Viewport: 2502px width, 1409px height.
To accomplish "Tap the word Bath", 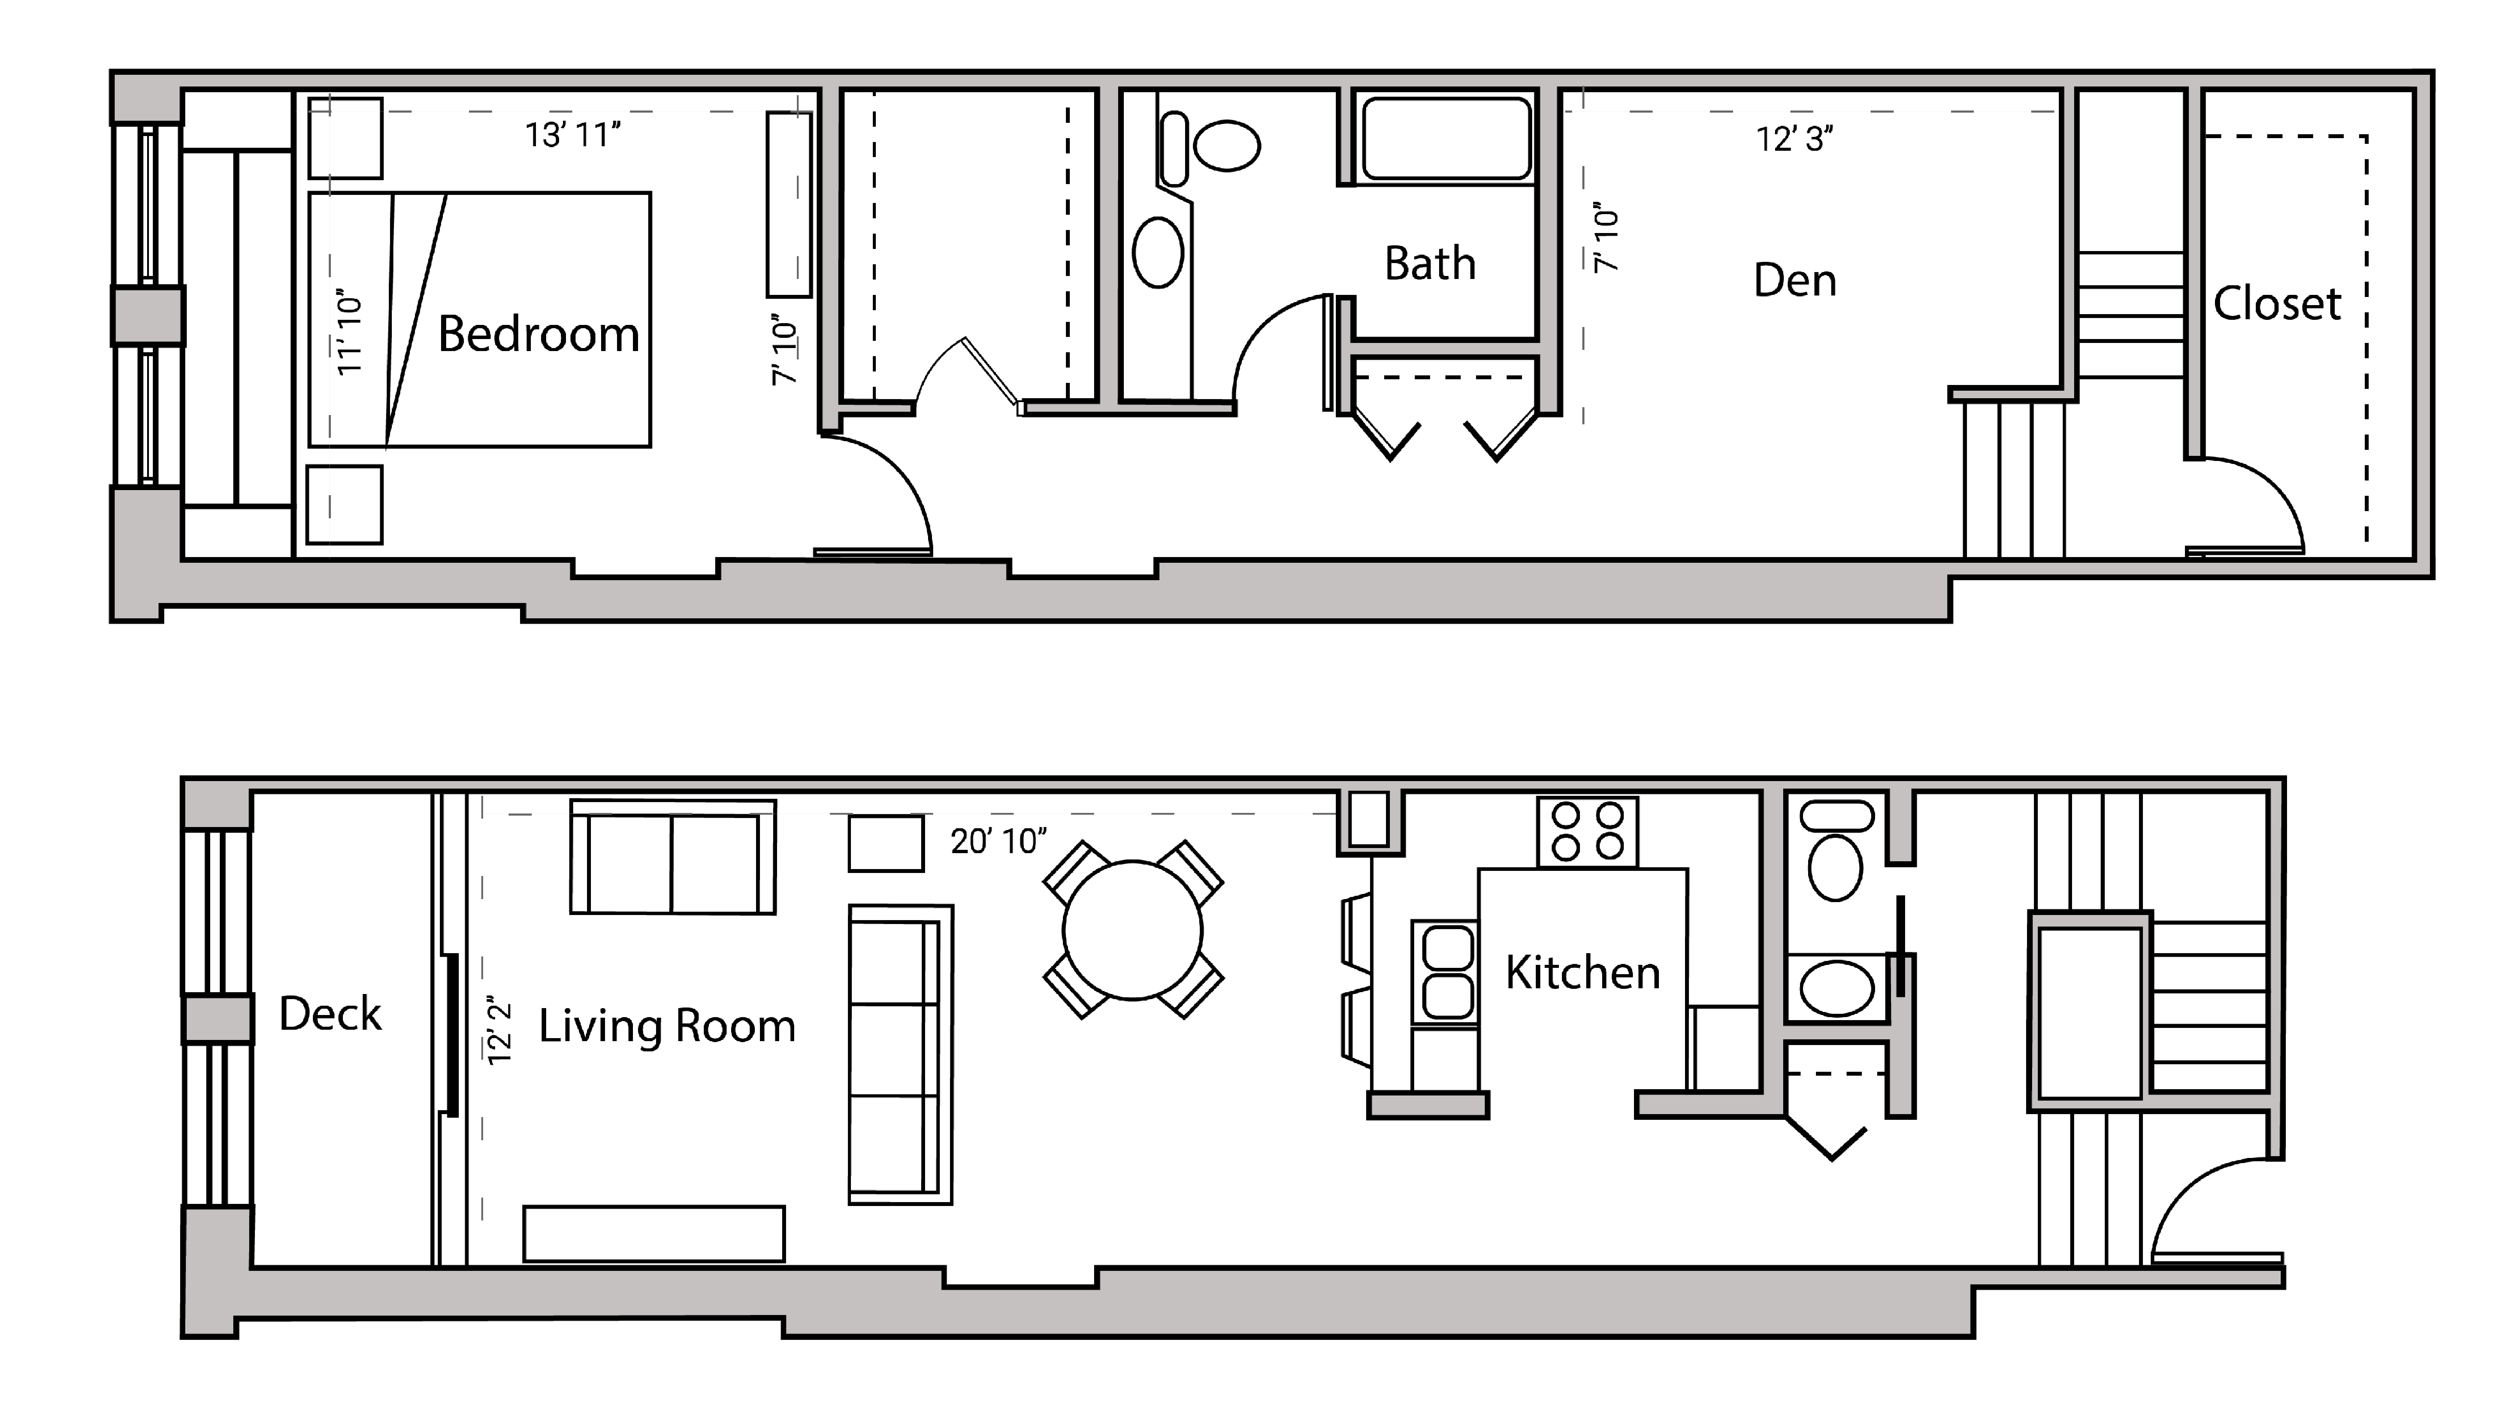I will pyautogui.click(x=1430, y=264).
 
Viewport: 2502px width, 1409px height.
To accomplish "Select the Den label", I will pyautogui.click(x=1795, y=281).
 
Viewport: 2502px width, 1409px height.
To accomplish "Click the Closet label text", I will pyautogui.click(x=2277, y=304).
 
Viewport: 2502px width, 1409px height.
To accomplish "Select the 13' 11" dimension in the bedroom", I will pyautogui.click(x=572, y=135).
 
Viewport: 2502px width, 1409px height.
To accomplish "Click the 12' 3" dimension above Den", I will pyautogui.click(x=1794, y=140).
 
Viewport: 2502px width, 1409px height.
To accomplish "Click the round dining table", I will pyautogui.click(x=1133, y=930).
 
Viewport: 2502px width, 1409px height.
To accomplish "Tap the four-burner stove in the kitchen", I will pyautogui.click(x=1587, y=832).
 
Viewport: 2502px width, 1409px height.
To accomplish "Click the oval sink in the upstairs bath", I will pyautogui.click(x=1158, y=252).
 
